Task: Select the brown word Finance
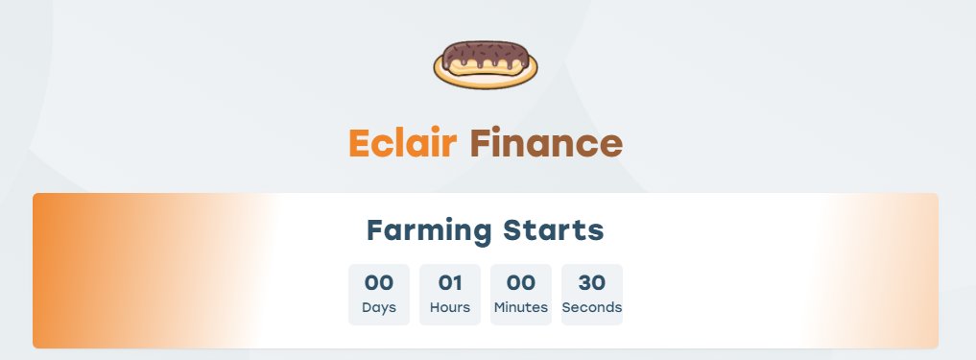pyautogui.click(x=546, y=143)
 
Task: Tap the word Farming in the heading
pyautogui.click(x=429, y=231)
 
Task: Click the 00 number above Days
pyautogui.click(x=379, y=283)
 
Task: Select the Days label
pyautogui.click(x=379, y=308)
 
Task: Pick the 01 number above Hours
pyautogui.click(x=450, y=283)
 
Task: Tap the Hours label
pyautogui.click(x=450, y=308)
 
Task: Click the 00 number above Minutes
pyautogui.click(x=521, y=283)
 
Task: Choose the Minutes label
pyautogui.click(x=521, y=308)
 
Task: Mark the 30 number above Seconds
pyautogui.click(x=592, y=283)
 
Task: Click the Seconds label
pyautogui.click(x=592, y=308)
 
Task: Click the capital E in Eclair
pyautogui.click(x=359, y=144)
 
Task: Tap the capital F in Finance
pyautogui.click(x=480, y=144)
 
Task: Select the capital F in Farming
pyautogui.click(x=376, y=231)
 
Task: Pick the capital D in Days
pyautogui.click(x=367, y=308)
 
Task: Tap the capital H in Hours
pyautogui.click(x=435, y=308)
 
